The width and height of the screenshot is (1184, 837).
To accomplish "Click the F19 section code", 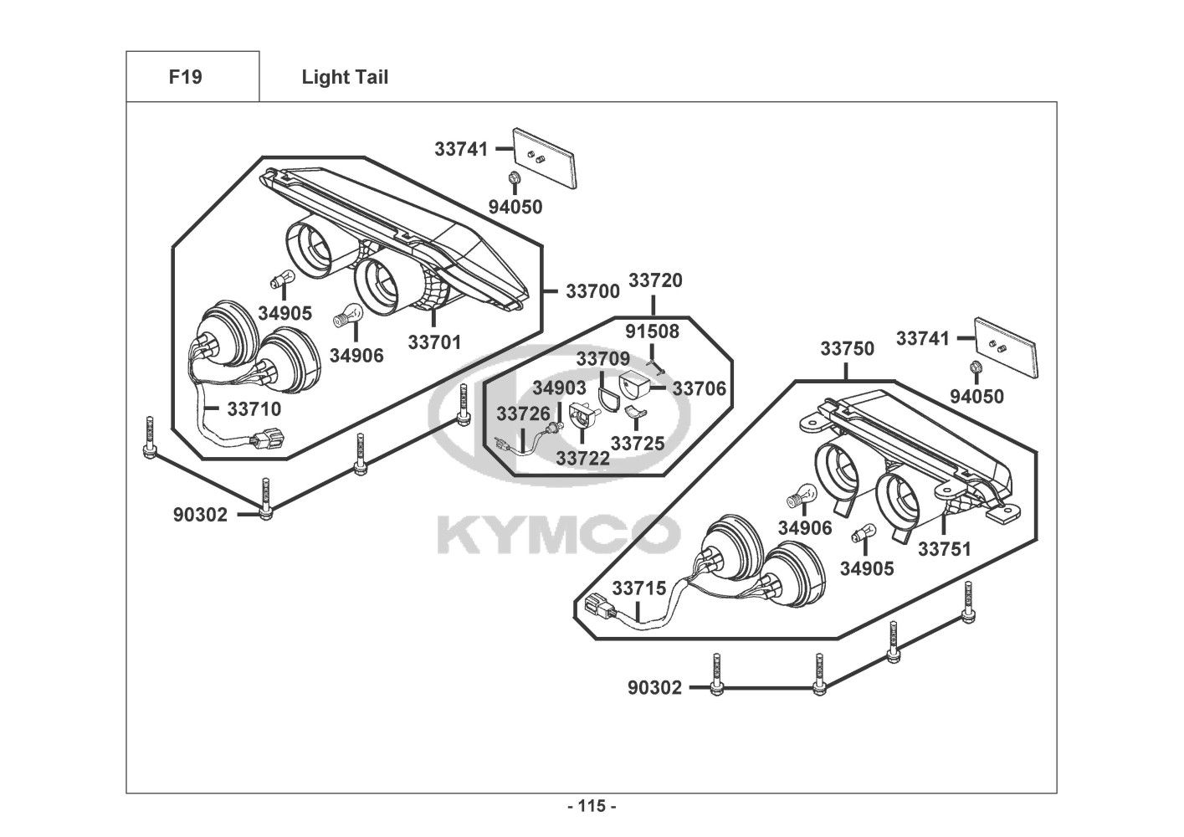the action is tap(185, 77).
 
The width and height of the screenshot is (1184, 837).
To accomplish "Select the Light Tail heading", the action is tap(345, 77).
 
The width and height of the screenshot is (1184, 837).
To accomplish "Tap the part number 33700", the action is tap(592, 291).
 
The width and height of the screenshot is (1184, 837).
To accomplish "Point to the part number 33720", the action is tap(655, 280).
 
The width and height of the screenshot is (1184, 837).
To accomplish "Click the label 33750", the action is tap(847, 348).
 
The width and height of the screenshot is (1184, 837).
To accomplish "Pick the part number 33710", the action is tap(254, 408).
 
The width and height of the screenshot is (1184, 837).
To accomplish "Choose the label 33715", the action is tap(639, 588).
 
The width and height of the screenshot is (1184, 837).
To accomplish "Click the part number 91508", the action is tap(653, 331).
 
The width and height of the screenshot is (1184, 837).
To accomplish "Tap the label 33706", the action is tap(699, 388).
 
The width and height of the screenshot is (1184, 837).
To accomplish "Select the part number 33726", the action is tap(523, 413).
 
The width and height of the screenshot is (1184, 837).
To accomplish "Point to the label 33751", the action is tap(945, 549).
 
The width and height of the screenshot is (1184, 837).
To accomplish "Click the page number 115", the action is tap(592, 806).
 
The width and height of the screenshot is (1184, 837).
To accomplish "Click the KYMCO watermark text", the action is tap(558, 535).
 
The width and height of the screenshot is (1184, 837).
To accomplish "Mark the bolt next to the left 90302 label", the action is tap(265, 499).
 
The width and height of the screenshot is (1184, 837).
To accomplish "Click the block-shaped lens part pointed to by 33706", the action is tap(633, 386).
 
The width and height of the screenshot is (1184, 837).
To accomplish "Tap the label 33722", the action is tap(582, 458).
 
